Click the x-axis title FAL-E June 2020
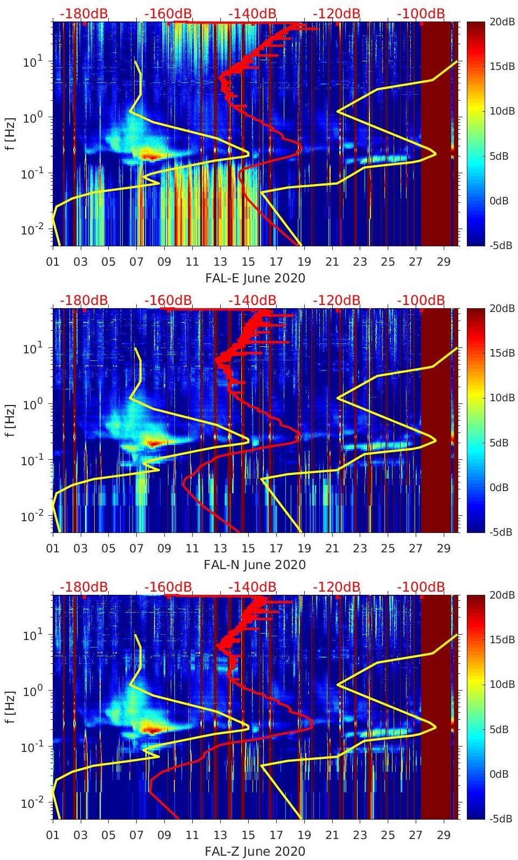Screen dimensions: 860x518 pyautogui.click(x=255, y=279)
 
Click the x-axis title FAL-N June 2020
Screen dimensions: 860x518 pyautogui.click(x=255, y=565)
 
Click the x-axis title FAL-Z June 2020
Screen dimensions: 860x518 pyautogui.click(x=255, y=852)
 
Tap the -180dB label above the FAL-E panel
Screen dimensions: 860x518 pyautogui.click(x=83, y=13)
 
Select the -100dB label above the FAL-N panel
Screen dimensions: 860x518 pyautogui.click(x=421, y=300)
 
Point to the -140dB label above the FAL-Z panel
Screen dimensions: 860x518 pyautogui.click(x=252, y=587)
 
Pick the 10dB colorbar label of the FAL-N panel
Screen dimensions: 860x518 pyautogui.click(x=501, y=398)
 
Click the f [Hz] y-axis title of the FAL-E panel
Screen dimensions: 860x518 pyautogui.click(x=11, y=133)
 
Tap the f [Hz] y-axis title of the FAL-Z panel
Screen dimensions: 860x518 pyautogui.click(x=11, y=706)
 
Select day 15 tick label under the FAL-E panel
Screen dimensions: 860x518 pyautogui.click(x=248, y=262)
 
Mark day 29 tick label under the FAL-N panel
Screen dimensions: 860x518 pyautogui.click(x=444, y=549)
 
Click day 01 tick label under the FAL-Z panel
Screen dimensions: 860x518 pyautogui.click(x=53, y=836)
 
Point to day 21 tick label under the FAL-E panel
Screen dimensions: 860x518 pyautogui.click(x=332, y=262)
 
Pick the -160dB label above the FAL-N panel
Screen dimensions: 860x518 pyautogui.click(x=168, y=300)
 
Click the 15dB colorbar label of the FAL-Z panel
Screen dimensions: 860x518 pyautogui.click(x=501, y=640)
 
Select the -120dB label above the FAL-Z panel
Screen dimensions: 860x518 pyautogui.click(x=337, y=587)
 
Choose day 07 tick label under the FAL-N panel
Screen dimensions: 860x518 pyautogui.click(x=137, y=549)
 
